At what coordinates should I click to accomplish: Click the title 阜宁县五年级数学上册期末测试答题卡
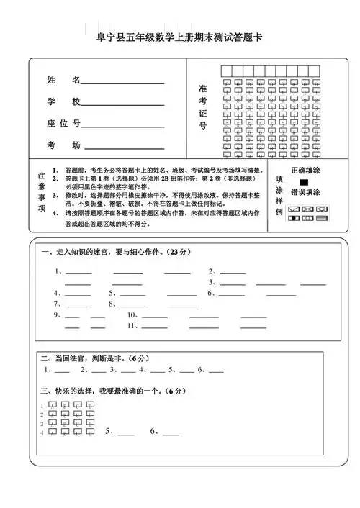pos(180,37)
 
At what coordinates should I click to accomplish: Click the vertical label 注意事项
pos(42,191)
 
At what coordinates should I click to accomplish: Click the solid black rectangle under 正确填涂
pos(304,182)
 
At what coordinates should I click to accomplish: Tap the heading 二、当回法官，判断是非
pos(94,358)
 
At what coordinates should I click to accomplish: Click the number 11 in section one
pos(131,326)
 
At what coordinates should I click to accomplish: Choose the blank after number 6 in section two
pos(216,372)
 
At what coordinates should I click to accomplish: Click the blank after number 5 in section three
pos(125,434)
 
